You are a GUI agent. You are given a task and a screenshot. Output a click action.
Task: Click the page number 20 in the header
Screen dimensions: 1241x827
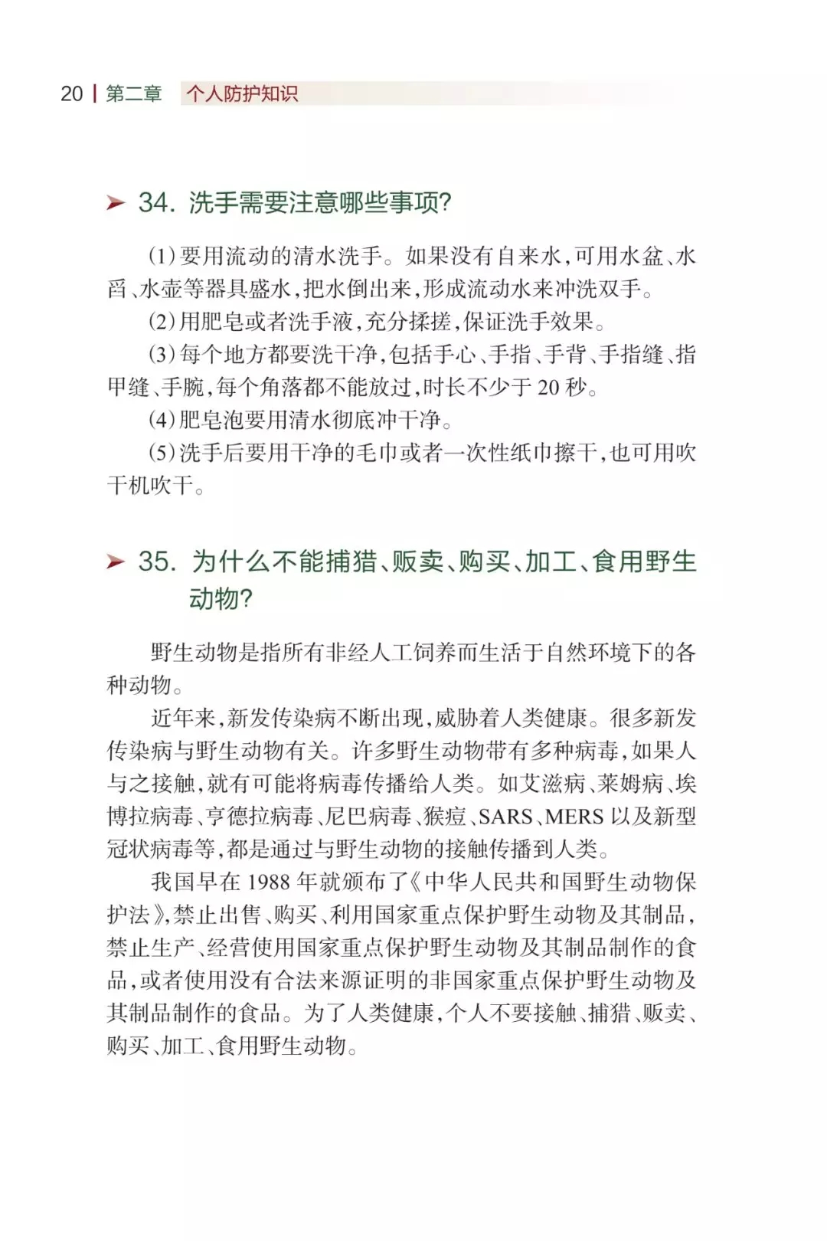pyautogui.click(x=71, y=93)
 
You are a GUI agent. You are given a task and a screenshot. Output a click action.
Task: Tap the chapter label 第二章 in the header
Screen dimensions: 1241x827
pyautogui.click(x=133, y=93)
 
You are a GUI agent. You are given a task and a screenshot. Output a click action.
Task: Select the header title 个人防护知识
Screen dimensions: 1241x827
pyautogui.click(x=242, y=93)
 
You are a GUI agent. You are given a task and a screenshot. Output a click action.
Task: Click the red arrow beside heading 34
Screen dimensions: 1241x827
pyautogui.click(x=116, y=203)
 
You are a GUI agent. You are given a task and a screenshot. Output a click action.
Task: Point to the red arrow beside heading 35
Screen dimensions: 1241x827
pyautogui.click(x=116, y=562)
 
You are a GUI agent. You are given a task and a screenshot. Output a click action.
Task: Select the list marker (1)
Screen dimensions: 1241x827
pyautogui.click(x=162, y=256)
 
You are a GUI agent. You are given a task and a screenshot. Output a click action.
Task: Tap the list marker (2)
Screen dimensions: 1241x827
pyautogui.click(x=162, y=322)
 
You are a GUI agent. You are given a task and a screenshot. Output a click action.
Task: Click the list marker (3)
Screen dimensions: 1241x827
pyautogui.click(x=162, y=355)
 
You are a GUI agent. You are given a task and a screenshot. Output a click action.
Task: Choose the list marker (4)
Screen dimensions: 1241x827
pyautogui.click(x=162, y=420)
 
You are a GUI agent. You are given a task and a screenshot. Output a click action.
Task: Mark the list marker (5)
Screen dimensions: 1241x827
pyautogui.click(x=162, y=453)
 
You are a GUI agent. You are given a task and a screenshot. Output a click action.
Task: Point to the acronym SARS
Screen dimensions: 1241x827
pyautogui.click(x=505, y=817)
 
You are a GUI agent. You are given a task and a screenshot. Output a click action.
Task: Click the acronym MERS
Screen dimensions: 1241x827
pyautogui.click(x=574, y=817)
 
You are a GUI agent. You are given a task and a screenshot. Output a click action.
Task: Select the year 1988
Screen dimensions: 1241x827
pyautogui.click(x=268, y=882)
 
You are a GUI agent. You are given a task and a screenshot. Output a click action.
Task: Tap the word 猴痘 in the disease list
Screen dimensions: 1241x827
pyautogui.click(x=446, y=817)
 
